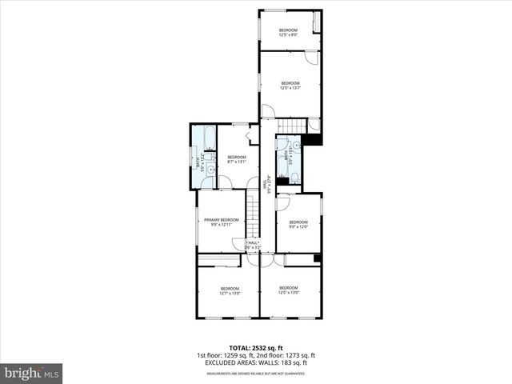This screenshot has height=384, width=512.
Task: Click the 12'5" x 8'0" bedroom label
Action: pos(289,33)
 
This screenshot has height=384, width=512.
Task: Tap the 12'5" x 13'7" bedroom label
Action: pos(290,86)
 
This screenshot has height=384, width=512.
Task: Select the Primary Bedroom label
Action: pos(222,222)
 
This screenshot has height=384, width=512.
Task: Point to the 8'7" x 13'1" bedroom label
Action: pos(237,159)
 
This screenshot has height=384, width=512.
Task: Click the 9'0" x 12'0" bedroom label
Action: pos(298,224)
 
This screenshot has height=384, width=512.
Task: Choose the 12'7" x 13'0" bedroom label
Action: pos(230,290)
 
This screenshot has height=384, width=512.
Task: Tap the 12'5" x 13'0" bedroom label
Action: pos(289,290)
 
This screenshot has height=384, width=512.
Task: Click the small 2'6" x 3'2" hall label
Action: pos(254,246)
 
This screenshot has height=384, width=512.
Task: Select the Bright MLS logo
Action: pos(32,373)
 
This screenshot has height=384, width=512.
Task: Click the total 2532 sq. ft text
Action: pos(255,346)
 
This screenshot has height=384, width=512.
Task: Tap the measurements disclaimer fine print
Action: pos(255,374)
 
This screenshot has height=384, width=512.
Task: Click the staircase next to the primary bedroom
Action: pos(254,214)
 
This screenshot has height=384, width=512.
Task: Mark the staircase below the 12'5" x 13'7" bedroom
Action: pos(292,126)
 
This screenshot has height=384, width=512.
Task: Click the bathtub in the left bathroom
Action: pos(208,138)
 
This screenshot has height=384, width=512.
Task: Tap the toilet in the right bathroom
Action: pos(294,177)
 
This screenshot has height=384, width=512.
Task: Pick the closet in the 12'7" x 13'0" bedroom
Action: pos(219,261)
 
